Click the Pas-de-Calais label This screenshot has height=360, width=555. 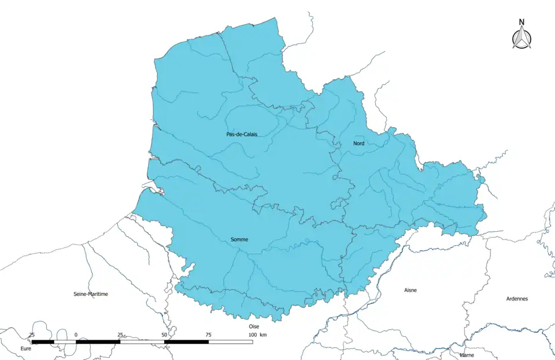coord(242,134)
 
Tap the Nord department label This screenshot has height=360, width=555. coord(358,143)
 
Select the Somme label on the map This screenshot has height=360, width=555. coord(240,239)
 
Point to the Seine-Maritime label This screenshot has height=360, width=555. coord(91,294)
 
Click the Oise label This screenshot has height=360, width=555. coord(254,326)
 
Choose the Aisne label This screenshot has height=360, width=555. coord(410,290)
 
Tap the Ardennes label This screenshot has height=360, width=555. coord(516,299)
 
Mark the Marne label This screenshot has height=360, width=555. coord(467,355)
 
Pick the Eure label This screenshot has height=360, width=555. coord(25,349)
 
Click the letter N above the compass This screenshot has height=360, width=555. coord(521,23)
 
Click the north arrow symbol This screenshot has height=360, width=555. coord(521,38)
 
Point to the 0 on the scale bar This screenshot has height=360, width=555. coord(76,335)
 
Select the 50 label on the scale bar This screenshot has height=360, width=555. coord(164,335)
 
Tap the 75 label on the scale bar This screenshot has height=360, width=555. coord(208,335)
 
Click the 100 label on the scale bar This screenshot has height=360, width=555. coord(252,335)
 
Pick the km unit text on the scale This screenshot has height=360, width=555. coord(263,335)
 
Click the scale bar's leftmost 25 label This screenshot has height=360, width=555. coord(32,335)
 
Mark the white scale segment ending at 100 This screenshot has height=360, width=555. coord(230,342)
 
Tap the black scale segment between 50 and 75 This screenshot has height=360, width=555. coord(186,342)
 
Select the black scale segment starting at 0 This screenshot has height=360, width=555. coord(98,342)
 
